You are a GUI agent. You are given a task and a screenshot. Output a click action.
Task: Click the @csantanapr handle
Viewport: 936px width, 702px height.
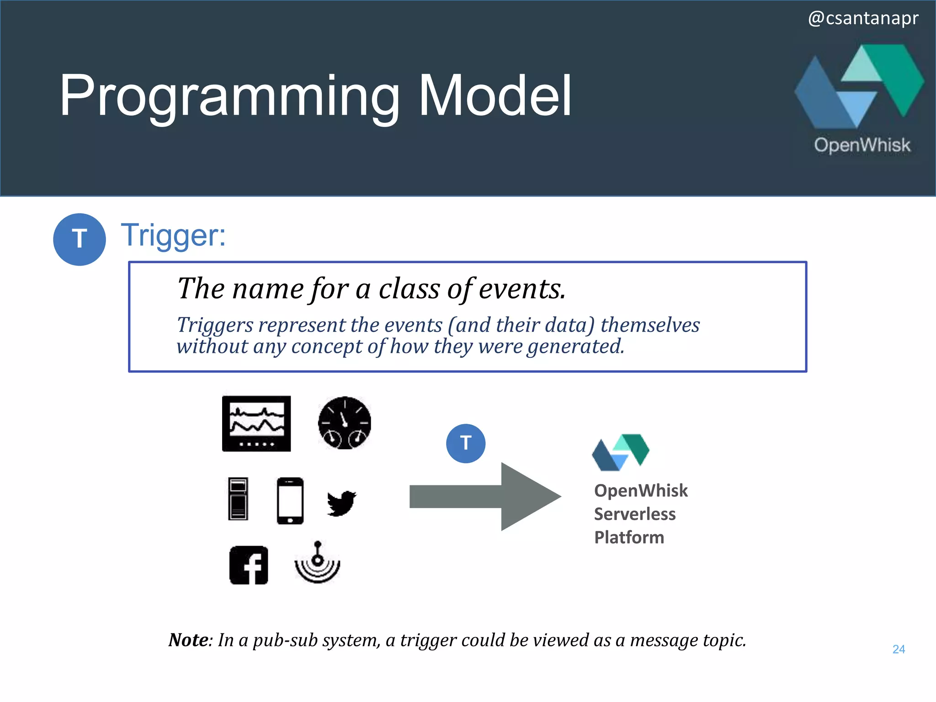863,18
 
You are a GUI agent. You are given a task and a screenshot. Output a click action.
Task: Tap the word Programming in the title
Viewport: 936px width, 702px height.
229,97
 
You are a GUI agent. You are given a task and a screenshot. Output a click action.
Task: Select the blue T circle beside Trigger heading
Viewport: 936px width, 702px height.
80,239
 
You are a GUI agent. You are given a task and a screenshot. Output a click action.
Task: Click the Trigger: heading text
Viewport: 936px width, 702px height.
173,235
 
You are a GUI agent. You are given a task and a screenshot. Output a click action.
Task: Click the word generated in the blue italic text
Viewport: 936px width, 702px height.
575,346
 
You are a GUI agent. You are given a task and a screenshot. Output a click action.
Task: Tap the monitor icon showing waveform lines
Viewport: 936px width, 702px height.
256,424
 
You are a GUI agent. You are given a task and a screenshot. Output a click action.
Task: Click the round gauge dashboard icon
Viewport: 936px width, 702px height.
345,423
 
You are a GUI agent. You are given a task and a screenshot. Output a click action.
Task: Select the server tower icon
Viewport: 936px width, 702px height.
238,499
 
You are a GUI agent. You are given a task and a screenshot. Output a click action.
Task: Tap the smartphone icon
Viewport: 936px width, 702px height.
290,500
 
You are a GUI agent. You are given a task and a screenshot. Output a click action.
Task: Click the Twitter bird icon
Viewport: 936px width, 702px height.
341,503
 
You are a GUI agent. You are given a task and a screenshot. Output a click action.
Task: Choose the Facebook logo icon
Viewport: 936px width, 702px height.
249,565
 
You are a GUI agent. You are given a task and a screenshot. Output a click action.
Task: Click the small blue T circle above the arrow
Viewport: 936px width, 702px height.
465,443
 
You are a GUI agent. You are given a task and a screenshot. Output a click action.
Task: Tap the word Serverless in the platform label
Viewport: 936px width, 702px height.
634,514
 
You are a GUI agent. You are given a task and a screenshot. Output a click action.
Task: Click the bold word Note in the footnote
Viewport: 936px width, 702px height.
188,640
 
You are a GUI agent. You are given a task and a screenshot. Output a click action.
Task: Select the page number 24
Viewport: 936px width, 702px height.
899,649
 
